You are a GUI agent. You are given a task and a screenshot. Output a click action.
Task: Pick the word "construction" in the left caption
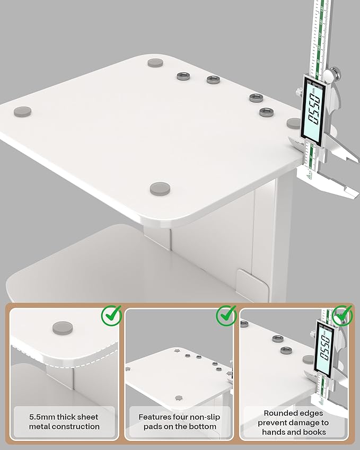pos(76,426)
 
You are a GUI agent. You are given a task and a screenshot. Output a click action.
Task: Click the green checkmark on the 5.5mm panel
pos(112,315)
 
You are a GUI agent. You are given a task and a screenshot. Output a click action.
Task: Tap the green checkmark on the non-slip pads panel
pos(227,315)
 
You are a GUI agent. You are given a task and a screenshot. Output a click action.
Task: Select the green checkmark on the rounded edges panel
pos(343,315)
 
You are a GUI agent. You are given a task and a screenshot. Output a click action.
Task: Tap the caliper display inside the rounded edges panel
pos(324,348)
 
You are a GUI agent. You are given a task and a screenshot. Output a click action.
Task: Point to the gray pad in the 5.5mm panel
pos(63,328)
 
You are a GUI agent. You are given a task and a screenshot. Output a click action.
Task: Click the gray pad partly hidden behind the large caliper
pos(293,123)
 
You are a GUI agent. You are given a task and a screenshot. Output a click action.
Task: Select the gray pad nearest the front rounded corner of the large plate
pos(160,189)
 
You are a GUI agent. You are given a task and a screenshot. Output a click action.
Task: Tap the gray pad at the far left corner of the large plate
pos(23,111)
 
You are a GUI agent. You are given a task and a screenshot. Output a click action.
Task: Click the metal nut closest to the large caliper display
pos(267,112)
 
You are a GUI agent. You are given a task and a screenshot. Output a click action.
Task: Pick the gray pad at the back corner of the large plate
pos(155,63)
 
